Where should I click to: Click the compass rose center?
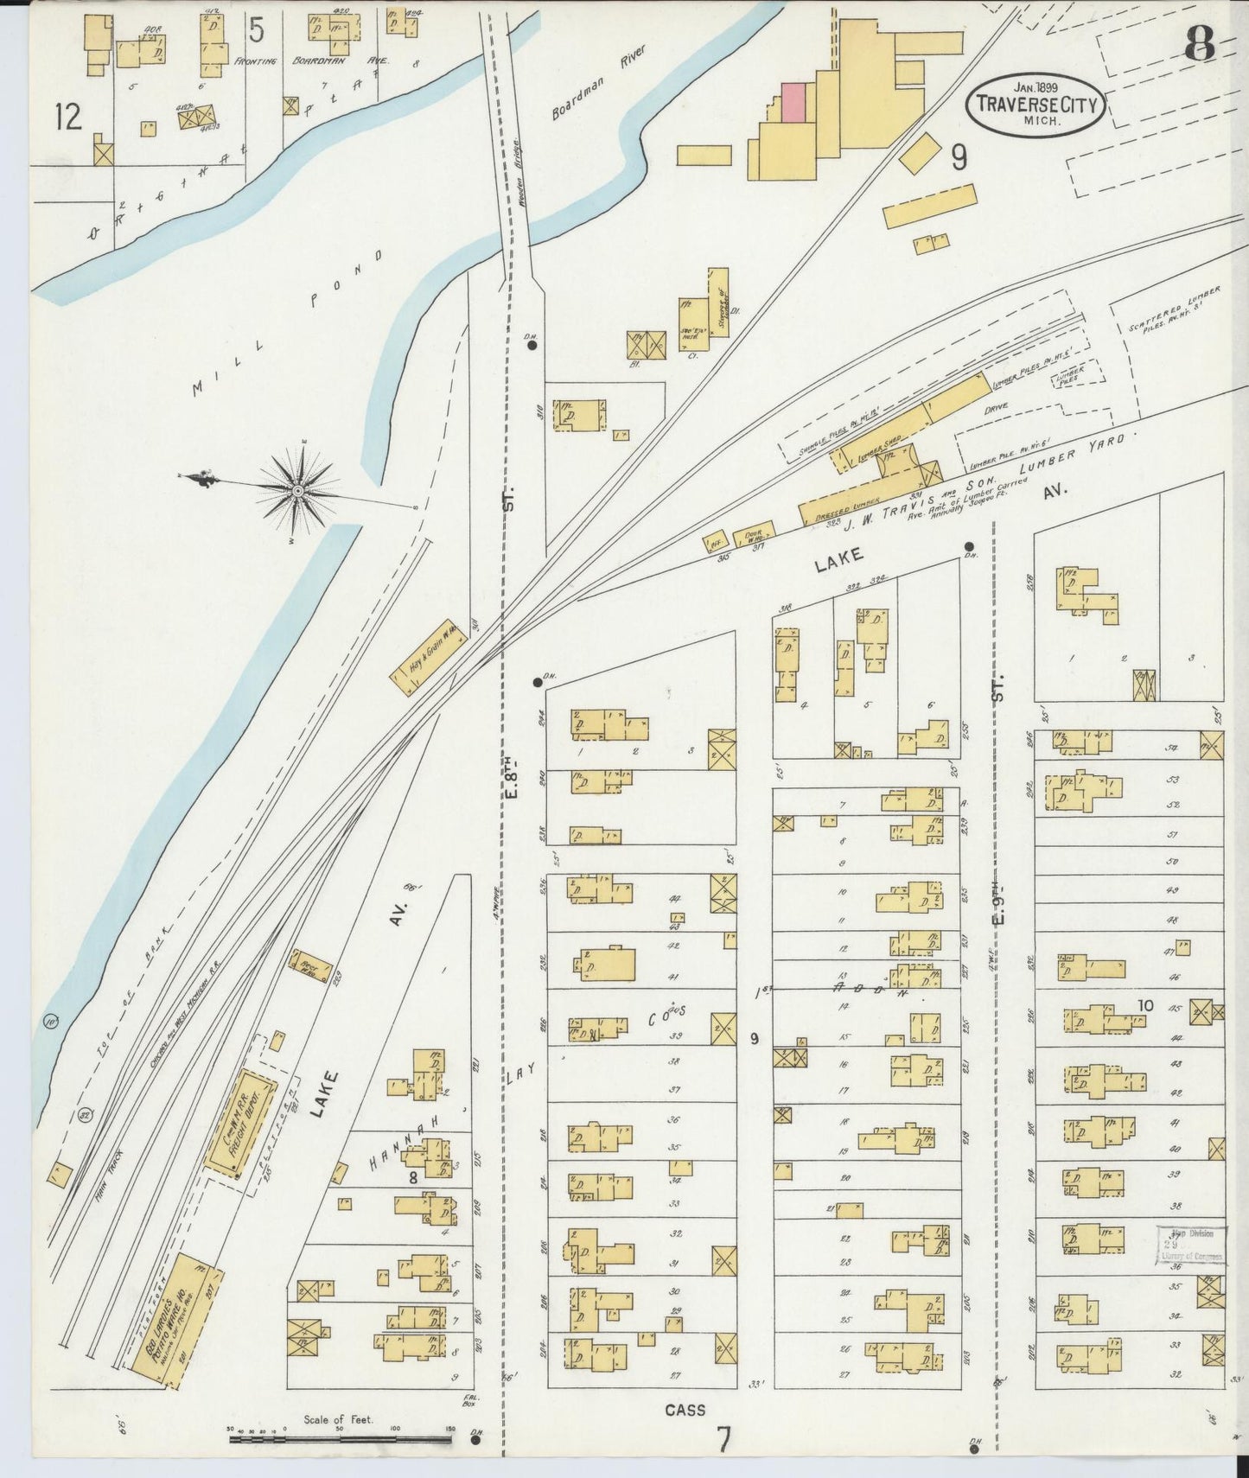pos(297,491)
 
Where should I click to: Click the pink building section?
pos(793,101)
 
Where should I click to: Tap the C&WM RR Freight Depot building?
pos(240,1123)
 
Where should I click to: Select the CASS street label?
pos(685,1410)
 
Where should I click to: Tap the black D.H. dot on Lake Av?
pos(970,545)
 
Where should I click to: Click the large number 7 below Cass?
pos(723,1440)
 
